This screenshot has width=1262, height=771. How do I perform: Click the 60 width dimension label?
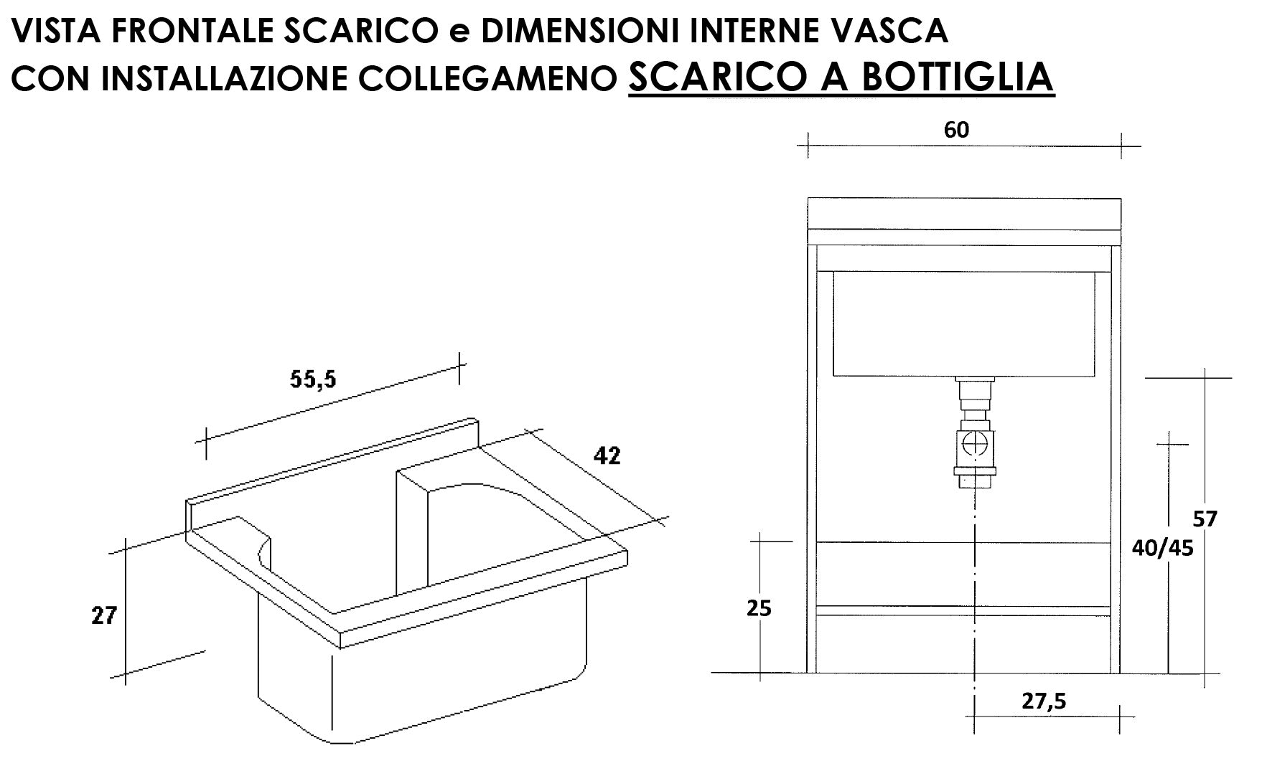957,129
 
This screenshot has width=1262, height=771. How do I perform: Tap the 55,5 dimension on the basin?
312,379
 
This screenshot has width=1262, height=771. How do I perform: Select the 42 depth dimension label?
607,455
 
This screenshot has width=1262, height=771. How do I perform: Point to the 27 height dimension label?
103,615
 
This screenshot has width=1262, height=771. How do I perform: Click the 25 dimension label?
759,608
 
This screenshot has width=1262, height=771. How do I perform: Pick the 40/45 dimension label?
1162,548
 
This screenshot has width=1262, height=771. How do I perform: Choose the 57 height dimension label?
1205,518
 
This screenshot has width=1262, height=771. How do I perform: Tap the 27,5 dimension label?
1045,701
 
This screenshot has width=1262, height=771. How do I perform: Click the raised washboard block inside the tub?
413,531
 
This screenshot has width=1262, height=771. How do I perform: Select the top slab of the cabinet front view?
964,213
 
